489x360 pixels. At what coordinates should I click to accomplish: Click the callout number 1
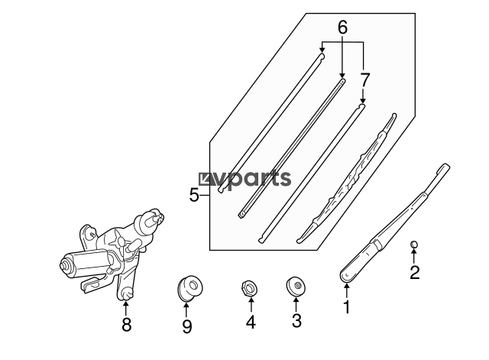[x=346, y=307]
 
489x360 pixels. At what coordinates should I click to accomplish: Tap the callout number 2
[x=414, y=272]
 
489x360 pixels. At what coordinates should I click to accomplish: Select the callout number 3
[x=296, y=320]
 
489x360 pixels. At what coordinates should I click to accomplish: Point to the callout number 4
[x=251, y=322]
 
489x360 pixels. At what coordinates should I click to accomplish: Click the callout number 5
[x=194, y=195]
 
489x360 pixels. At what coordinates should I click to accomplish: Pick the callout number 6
[x=342, y=28]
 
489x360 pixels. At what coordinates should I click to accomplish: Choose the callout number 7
[x=364, y=79]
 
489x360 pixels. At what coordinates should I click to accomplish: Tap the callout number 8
[x=126, y=325]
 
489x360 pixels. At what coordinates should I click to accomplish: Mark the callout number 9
[x=186, y=326]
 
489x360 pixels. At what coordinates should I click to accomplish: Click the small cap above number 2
[x=414, y=245]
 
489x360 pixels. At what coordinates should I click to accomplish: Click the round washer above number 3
[x=296, y=286]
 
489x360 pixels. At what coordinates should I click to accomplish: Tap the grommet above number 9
[x=189, y=288]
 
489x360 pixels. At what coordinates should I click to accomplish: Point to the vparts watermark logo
[x=244, y=180]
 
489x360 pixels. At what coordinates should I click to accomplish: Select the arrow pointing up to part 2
[x=414, y=256]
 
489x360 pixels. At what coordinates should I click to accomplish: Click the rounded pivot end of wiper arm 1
[x=346, y=276]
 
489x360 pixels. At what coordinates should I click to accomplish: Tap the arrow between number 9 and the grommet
[x=186, y=310]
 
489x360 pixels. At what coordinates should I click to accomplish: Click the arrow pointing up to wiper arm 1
[x=346, y=290]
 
